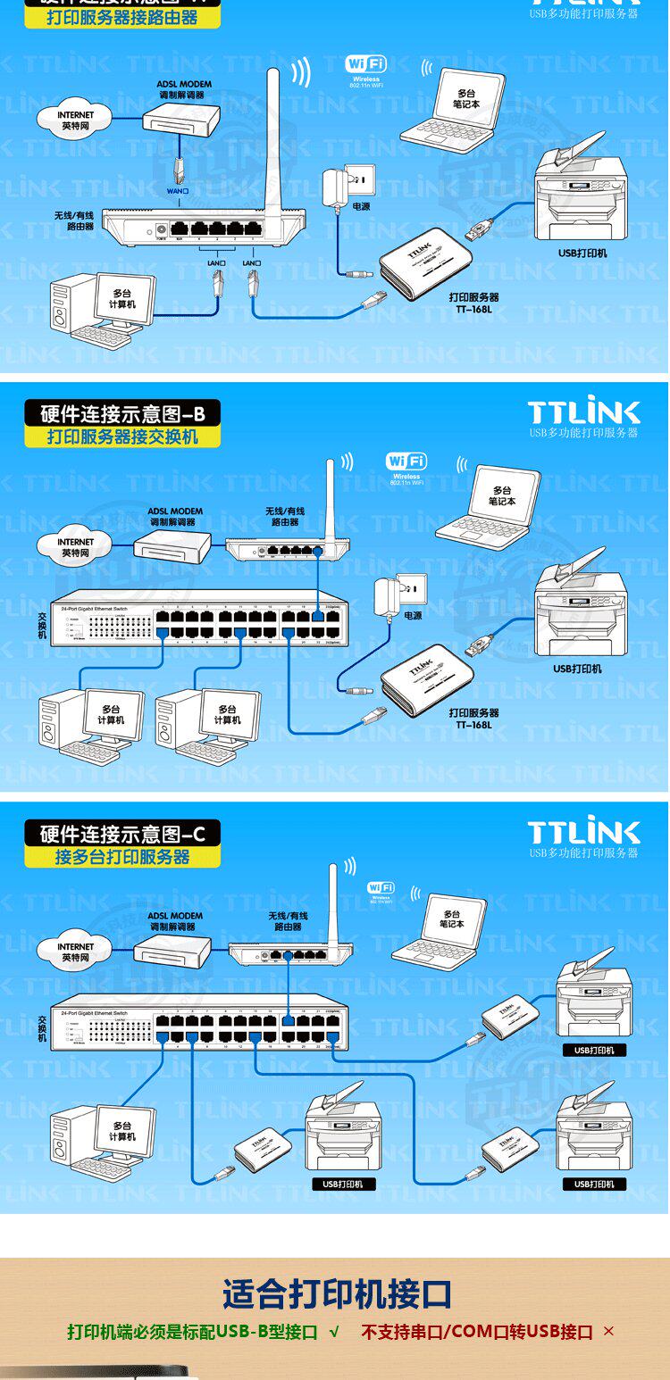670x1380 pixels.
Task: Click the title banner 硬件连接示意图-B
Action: (122, 413)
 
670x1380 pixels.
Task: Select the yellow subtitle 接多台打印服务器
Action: (122, 857)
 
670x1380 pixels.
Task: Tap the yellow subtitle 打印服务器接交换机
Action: (122, 437)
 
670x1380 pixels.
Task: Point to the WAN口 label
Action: (179, 191)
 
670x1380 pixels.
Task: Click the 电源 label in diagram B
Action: (413, 616)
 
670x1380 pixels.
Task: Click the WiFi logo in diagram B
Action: (406, 461)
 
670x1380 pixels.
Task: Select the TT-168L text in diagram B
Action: (473, 725)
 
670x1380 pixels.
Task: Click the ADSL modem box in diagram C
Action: (172, 951)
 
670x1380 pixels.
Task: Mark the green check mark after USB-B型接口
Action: (334, 1332)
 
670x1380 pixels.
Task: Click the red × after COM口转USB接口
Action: (608, 1332)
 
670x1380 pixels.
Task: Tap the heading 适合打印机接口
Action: (337, 1293)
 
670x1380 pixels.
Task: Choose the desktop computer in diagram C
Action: (103, 1143)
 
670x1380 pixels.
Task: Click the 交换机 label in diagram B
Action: (42, 624)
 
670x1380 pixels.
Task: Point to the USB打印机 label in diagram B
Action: (577, 669)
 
